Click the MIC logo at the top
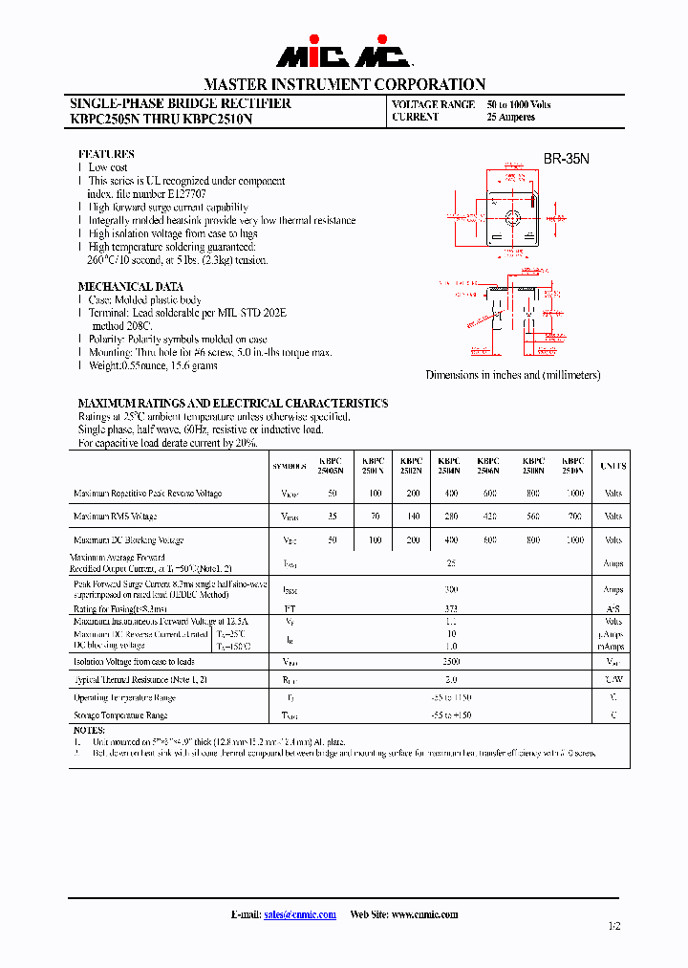(344, 55)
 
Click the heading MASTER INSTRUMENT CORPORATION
(344, 84)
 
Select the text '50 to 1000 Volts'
(519, 104)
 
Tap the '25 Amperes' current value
(510, 117)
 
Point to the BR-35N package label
(567, 159)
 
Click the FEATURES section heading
(106, 154)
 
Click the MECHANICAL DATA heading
(130, 286)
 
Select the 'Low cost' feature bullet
(107, 167)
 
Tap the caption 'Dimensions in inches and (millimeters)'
(513, 375)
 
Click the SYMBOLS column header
(290, 466)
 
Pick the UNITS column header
(613, 466)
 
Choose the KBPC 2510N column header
(573, 464)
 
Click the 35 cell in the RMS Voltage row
(333, 517)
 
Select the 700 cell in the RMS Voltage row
(573, 517)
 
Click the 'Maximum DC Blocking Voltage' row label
(128, 540)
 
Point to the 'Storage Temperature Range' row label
(120, 715)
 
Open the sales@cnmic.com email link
(300, 914)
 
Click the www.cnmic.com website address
(423, 914)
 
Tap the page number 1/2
(613, 926)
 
